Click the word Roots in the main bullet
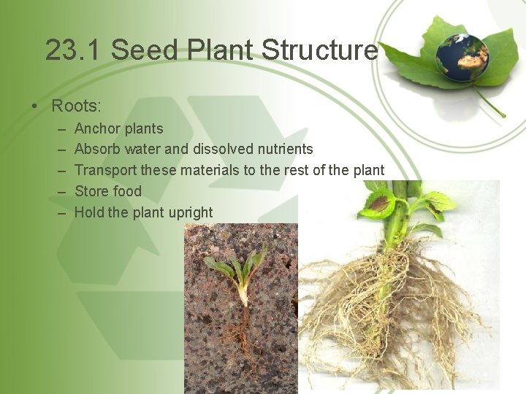coord(75,106)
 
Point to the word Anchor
coord(97,128)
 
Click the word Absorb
coord(97,150)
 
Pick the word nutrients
coord(285,150)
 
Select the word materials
coord(208,170)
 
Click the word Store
coord(91,191)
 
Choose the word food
coord(128,191)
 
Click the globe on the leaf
coord(462,57)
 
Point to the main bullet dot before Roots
coord(34,107)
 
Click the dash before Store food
coord(62,191)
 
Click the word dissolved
coord(223,150)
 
